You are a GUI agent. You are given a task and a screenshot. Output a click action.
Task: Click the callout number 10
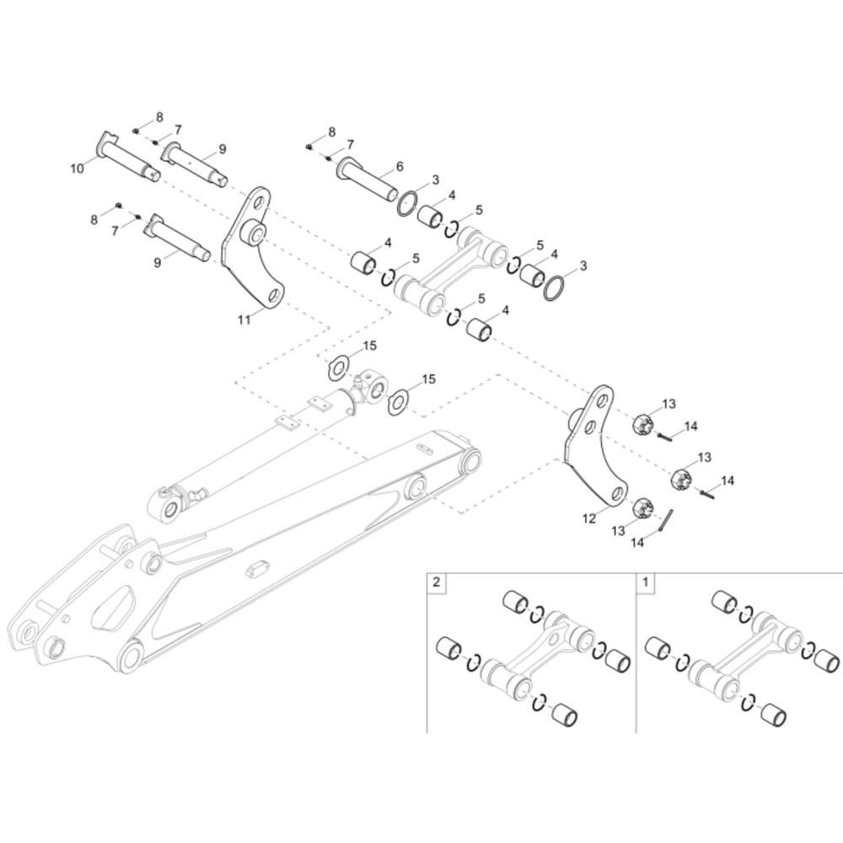coord(77,169)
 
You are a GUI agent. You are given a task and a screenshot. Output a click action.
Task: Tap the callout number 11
coord(244,319)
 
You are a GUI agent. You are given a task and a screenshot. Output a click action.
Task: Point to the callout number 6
coord(400,166)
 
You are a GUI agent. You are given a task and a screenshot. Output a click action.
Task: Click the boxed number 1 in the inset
coord(647,582)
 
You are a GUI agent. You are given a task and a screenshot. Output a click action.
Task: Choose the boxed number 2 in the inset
coord(436,582)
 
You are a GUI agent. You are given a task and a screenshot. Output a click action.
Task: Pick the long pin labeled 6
coord(368,180)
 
